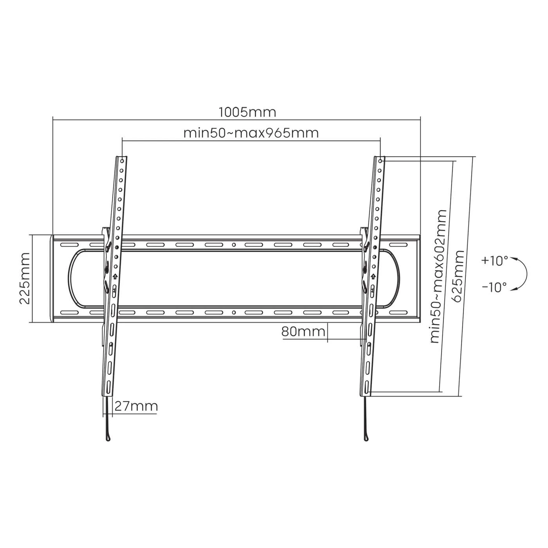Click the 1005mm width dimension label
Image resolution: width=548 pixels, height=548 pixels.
coord(247,112)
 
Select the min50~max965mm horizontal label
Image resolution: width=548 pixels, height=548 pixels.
coord(251,133)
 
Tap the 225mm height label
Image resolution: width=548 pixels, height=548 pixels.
coord(25,278)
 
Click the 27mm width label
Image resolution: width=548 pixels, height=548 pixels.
coord(136,406)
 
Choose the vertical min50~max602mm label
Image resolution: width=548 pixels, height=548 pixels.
coord(438,276)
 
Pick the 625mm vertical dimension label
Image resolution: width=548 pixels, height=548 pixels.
coord(458,276)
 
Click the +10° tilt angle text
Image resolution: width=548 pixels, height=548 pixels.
coord(494,261)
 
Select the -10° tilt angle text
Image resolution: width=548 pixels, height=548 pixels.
coord(494,287)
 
